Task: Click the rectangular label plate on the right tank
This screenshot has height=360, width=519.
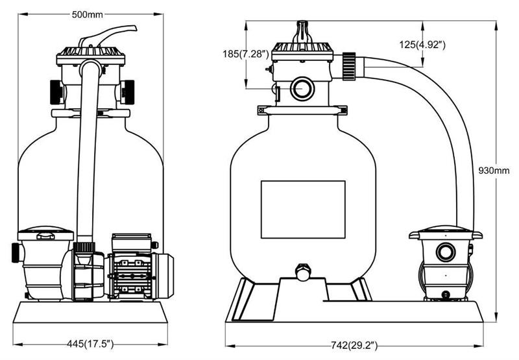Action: pos(303,209)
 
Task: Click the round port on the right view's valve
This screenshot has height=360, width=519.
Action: pos(302,88)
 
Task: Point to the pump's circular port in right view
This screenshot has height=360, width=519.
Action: pos(446,252)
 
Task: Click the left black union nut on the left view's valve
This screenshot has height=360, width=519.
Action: pos(54,91)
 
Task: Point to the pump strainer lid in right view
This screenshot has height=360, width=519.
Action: pos(445,234)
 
